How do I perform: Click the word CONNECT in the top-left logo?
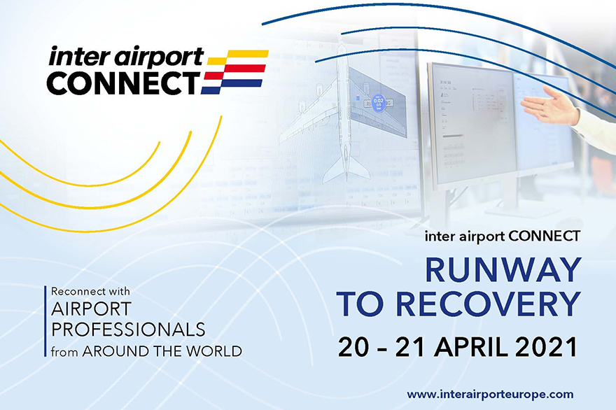123,83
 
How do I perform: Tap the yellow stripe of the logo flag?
239,57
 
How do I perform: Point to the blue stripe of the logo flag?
232,86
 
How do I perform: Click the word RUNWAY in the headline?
503,270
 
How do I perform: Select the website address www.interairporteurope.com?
490,394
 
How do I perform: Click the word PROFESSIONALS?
128,330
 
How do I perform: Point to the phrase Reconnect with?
90,291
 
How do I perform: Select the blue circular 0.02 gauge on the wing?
378,103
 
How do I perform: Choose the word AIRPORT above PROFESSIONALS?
91,309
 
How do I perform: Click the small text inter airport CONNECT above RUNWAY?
503,236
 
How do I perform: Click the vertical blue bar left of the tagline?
45,321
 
